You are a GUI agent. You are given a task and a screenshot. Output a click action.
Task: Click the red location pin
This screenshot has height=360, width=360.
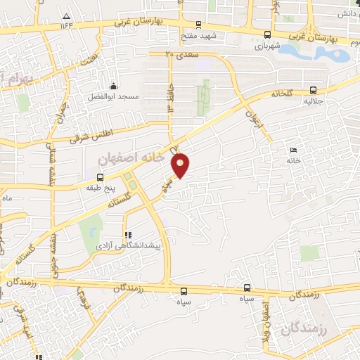tap(181, 164)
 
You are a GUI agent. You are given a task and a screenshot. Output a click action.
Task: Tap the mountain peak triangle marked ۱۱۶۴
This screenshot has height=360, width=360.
tap(67, 16)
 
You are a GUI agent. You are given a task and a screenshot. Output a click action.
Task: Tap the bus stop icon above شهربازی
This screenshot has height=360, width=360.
tap(266, 34)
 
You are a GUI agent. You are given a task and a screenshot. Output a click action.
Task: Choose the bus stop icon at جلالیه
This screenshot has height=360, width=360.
tap(311, 90)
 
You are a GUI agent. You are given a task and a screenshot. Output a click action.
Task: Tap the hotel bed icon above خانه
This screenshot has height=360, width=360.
tap(293, 150)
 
